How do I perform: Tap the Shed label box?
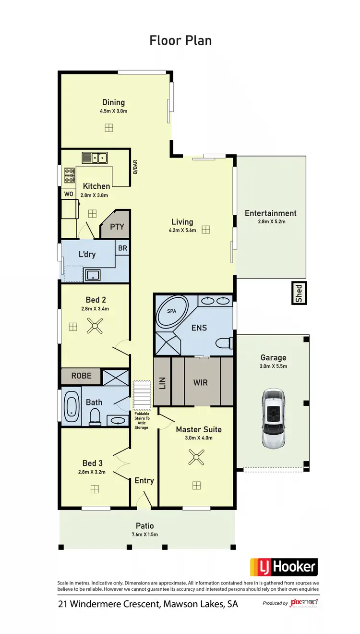(299, 293)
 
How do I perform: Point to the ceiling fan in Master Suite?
(196, 457)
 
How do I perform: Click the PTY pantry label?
(117, 227)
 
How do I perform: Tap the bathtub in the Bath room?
(72, 407)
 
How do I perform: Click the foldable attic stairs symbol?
(141, 395)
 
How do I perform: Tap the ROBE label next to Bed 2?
(81, 376)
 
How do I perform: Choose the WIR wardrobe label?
(200, 383)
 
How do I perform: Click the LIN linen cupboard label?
(162, 383)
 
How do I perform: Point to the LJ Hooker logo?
(284, 567)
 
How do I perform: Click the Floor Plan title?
(180, 40)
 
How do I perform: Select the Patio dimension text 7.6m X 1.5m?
(144, 534)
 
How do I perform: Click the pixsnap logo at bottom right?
(304, 603)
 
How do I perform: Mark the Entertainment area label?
(271, 213)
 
